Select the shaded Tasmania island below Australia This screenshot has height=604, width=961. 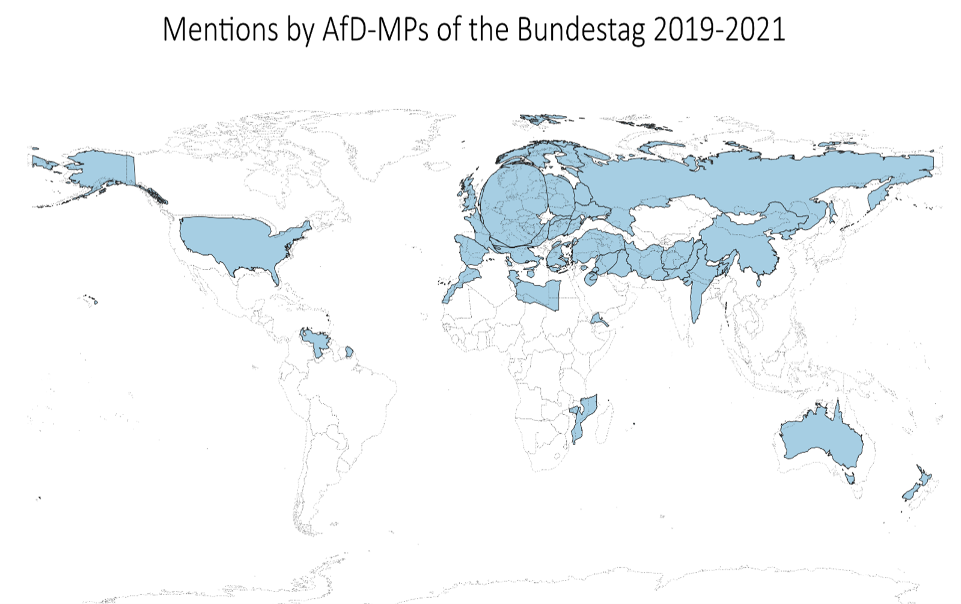pos(850,478)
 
